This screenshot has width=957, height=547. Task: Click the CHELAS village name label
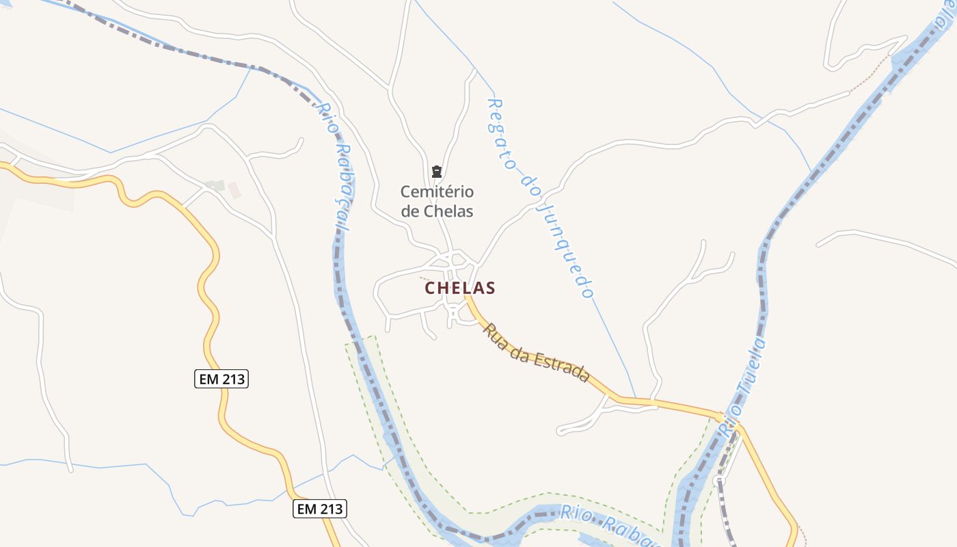pos(460,288)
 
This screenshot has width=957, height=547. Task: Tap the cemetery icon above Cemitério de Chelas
pos(437,171)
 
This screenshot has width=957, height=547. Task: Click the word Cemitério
pos(437,191)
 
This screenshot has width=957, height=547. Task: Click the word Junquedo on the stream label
pos(565,247)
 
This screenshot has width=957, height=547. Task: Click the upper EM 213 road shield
pos(221,379)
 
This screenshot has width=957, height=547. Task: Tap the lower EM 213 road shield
pos(320,509)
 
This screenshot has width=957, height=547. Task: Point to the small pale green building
pos(217,185)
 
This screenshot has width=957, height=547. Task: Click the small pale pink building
pos(234,190)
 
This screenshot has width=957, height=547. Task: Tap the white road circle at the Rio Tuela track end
pos(718,481)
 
